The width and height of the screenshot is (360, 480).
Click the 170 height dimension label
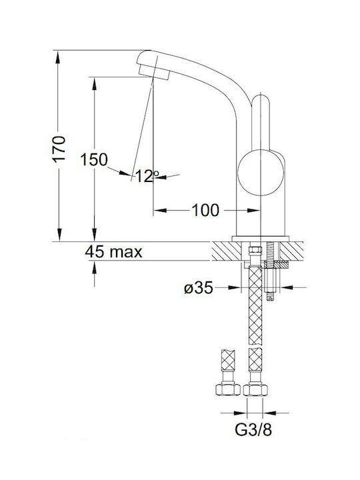(x=59, y=149)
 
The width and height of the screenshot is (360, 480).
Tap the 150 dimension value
(x=94, y=159)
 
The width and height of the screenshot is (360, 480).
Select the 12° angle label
(x=147, y=176)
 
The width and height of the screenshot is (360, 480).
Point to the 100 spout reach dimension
(x=205, y=210)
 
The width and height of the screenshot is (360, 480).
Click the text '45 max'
(x=113, y=252)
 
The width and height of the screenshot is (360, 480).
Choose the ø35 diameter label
(x=199, y=288)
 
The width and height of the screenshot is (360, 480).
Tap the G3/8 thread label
(x=253, y=430)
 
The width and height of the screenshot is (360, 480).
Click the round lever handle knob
(x=259, y=173)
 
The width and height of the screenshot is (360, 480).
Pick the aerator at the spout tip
(x=154, y=73)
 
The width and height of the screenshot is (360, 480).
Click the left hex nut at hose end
(x=228, y=389)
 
